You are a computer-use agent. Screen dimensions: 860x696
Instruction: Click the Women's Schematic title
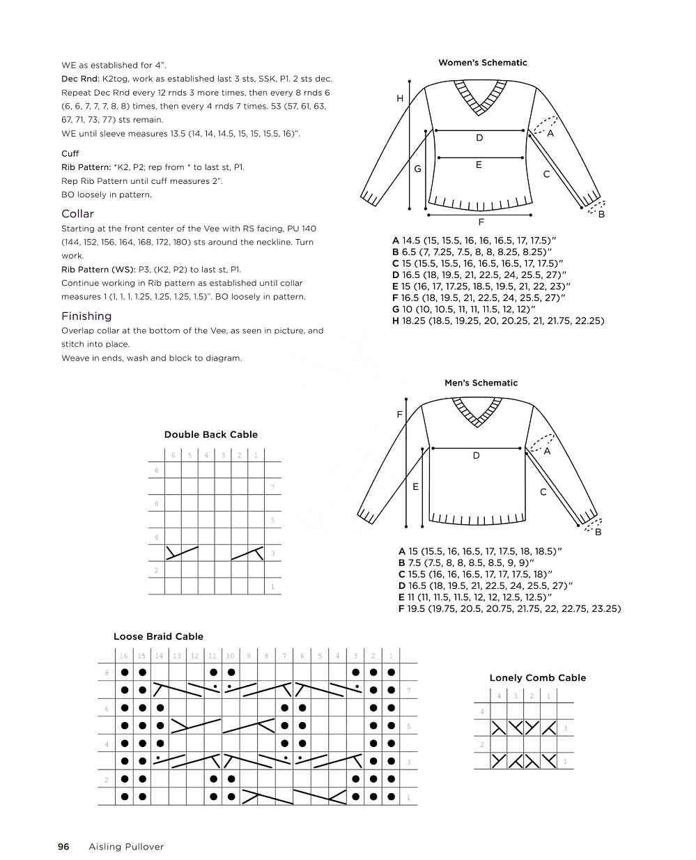(x=482, y=63)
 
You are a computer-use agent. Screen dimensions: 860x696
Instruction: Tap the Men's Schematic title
(x=481, y=383)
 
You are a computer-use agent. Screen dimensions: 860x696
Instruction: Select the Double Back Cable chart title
(x=210, y=435)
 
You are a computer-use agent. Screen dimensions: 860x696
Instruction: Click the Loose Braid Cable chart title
(x=158, y=636)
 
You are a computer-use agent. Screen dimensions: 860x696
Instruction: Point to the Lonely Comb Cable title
(x=537, y=677)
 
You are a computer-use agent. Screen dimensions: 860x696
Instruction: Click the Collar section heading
(x=77, y=214)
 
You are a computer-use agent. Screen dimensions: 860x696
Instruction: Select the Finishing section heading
(x=86, y=316)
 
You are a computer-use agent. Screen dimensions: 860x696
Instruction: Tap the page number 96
(x=63, y=847)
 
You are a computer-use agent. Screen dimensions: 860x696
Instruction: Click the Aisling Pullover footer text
(x=126, y=847)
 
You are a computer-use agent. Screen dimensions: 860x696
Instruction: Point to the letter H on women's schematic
(x=400, y=99)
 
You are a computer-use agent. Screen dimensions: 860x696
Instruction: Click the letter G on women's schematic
(x=417, y=169)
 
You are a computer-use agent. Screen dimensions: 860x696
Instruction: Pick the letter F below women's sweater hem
(x=481, y=223)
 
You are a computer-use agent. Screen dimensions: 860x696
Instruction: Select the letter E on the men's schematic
(x=415, y=486)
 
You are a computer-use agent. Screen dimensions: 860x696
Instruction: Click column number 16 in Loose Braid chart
(x=123, y=656)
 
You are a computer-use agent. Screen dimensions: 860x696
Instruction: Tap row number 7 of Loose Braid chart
(x=408, y=691)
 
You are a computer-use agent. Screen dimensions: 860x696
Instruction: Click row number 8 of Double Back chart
(x=156, y=470)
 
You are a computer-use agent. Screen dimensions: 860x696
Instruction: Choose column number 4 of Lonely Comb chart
(x=499, y=696)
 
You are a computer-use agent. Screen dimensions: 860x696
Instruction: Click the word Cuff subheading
(x=70, y=153)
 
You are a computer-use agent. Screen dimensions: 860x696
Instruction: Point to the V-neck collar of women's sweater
(x=480, y=98)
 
